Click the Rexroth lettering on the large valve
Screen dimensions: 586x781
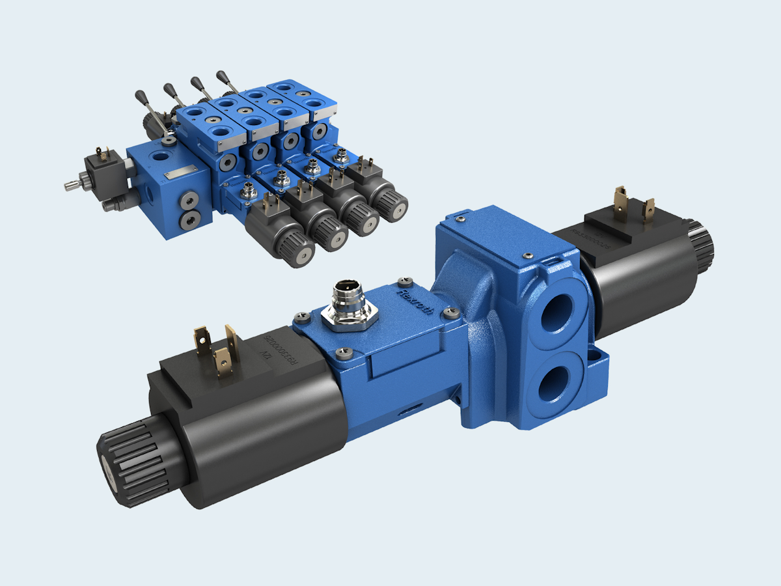tap(415, 303)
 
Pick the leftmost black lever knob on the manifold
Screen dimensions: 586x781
tap(139, 95)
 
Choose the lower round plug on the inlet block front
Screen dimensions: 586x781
tap(189, 219)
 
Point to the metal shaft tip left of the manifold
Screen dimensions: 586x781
tap(69, 186)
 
